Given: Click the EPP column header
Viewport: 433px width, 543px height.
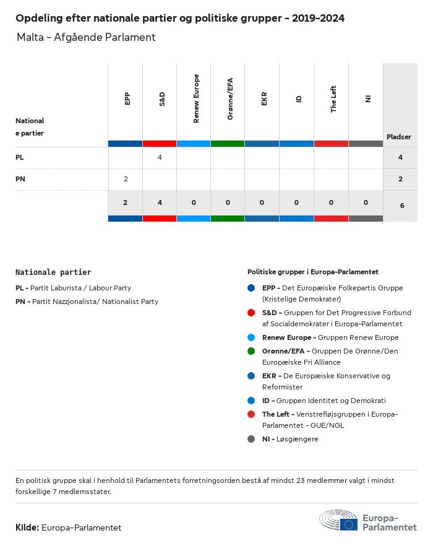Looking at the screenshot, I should click(127, 98).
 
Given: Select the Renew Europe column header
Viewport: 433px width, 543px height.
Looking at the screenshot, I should click(196, 98).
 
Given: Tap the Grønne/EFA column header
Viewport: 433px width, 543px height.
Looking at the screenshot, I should click(230, 98).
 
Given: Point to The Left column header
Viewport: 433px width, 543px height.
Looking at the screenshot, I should click(333, 98).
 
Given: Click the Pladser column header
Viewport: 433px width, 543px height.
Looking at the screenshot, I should click(399, 136).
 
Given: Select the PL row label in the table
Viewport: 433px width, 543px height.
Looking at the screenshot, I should click(20, 157).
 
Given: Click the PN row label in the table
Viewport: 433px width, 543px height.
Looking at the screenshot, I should click(20, 179).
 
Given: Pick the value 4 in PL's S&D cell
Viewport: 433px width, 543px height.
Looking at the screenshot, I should click(160, 157).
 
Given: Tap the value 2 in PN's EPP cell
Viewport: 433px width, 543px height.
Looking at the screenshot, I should click(126, 179).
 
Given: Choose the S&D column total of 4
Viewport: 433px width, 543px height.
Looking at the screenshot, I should click(160, 202).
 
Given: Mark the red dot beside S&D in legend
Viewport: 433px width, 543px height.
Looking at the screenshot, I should click(251, 313).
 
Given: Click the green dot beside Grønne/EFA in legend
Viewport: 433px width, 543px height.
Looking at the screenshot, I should click(251, 351).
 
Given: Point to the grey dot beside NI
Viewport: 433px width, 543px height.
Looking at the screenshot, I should click(251, 439).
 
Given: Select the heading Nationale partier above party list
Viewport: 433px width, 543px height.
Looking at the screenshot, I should click(53, 272).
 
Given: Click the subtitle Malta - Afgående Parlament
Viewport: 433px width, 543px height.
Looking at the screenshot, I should click(86, 37).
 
